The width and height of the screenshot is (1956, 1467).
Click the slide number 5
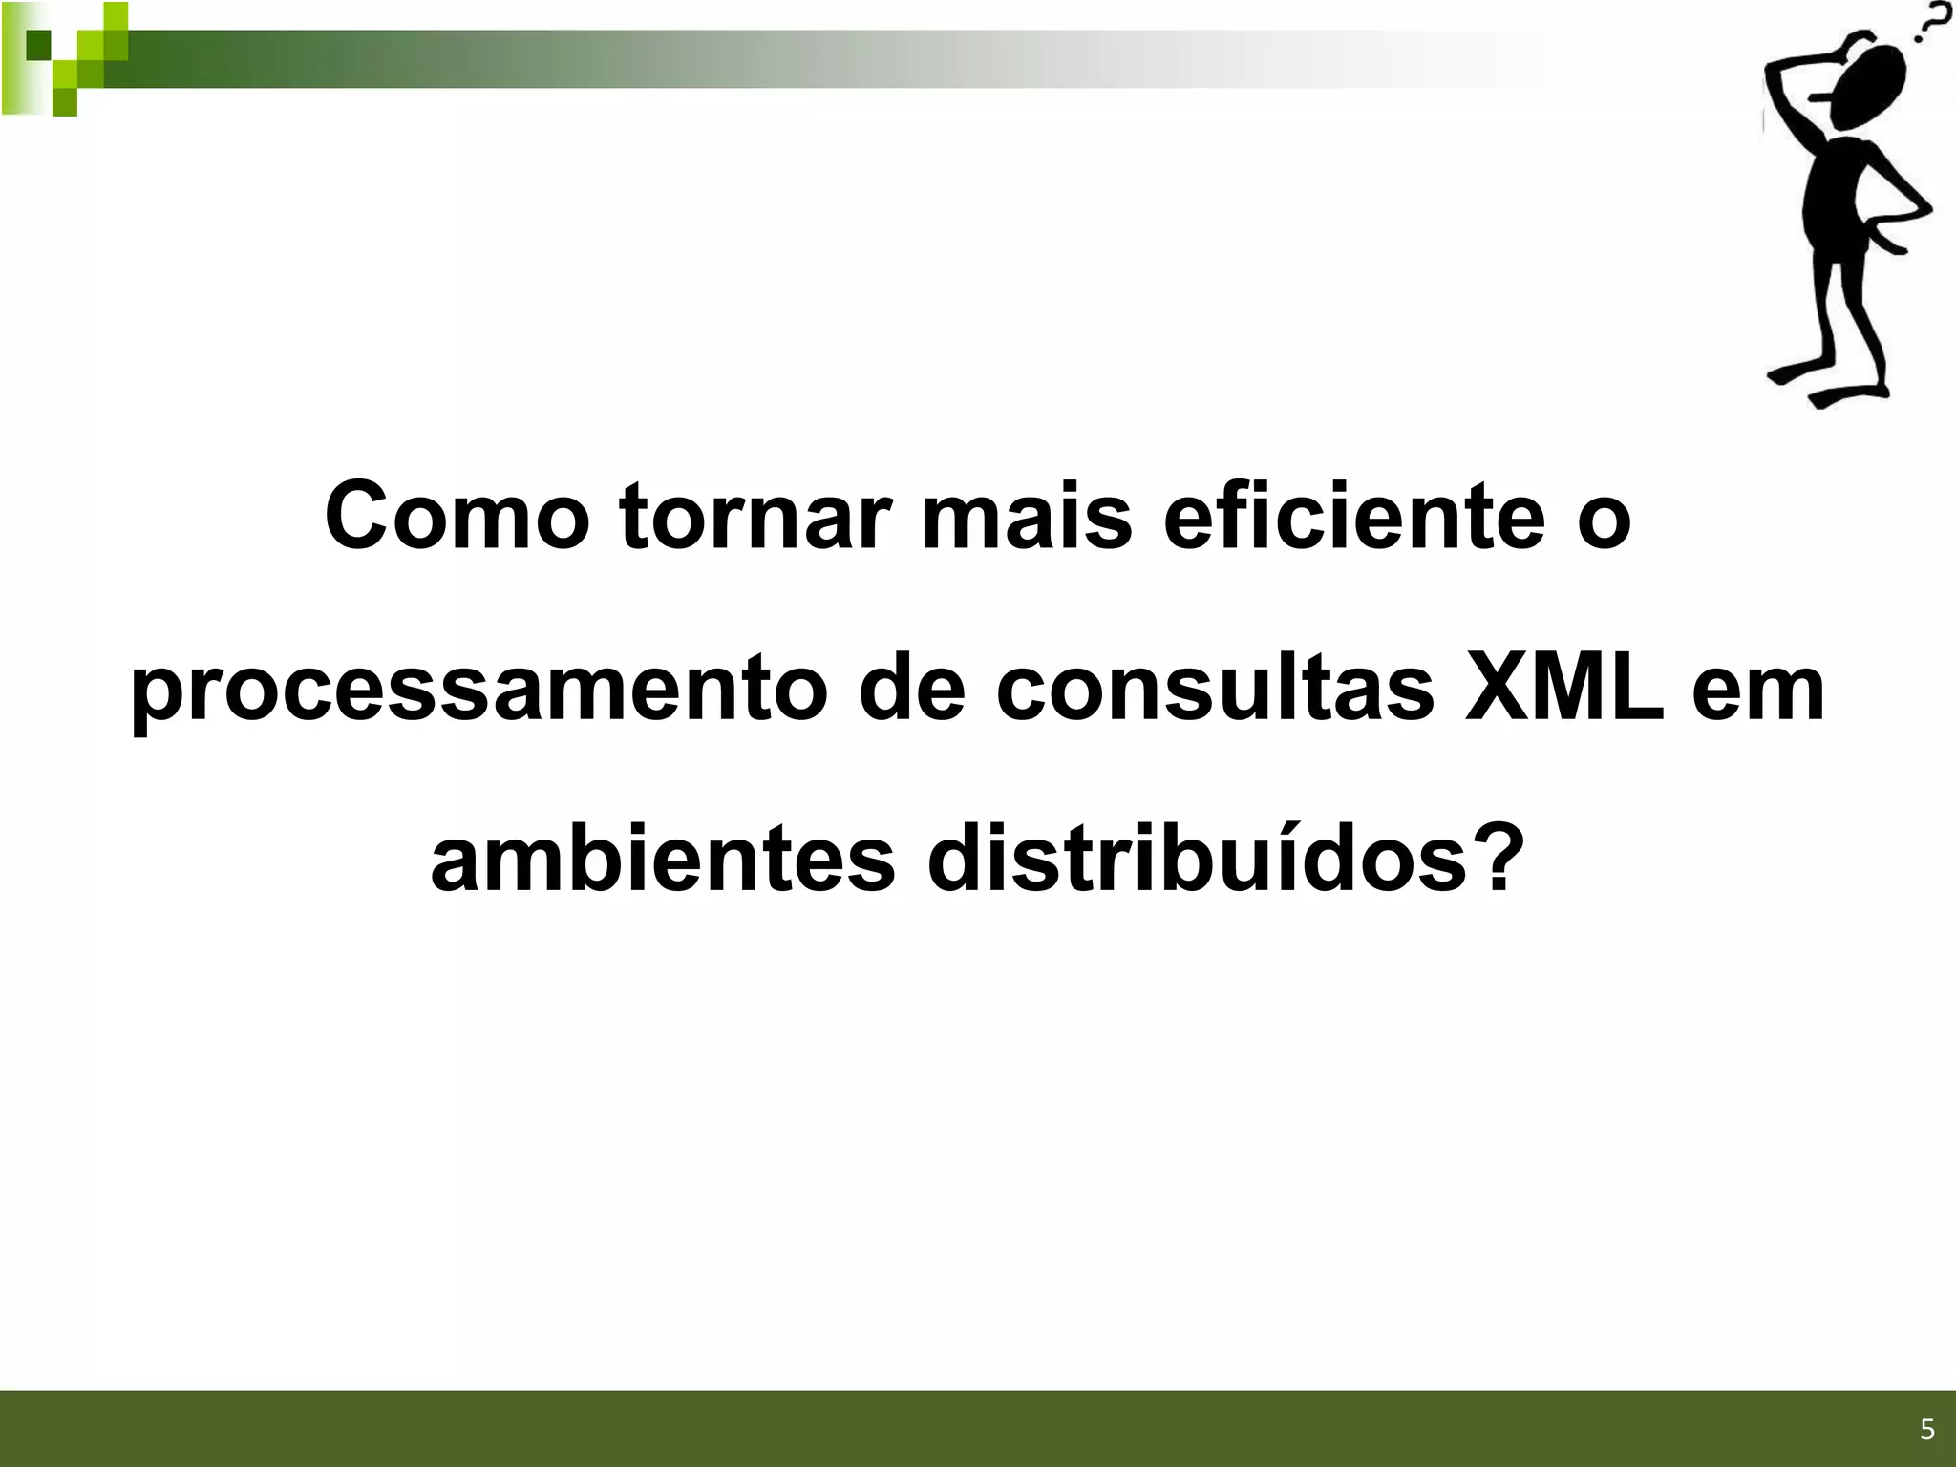(x=1926, y=1430)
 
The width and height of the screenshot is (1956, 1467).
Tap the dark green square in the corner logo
(x=38, y=44)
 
